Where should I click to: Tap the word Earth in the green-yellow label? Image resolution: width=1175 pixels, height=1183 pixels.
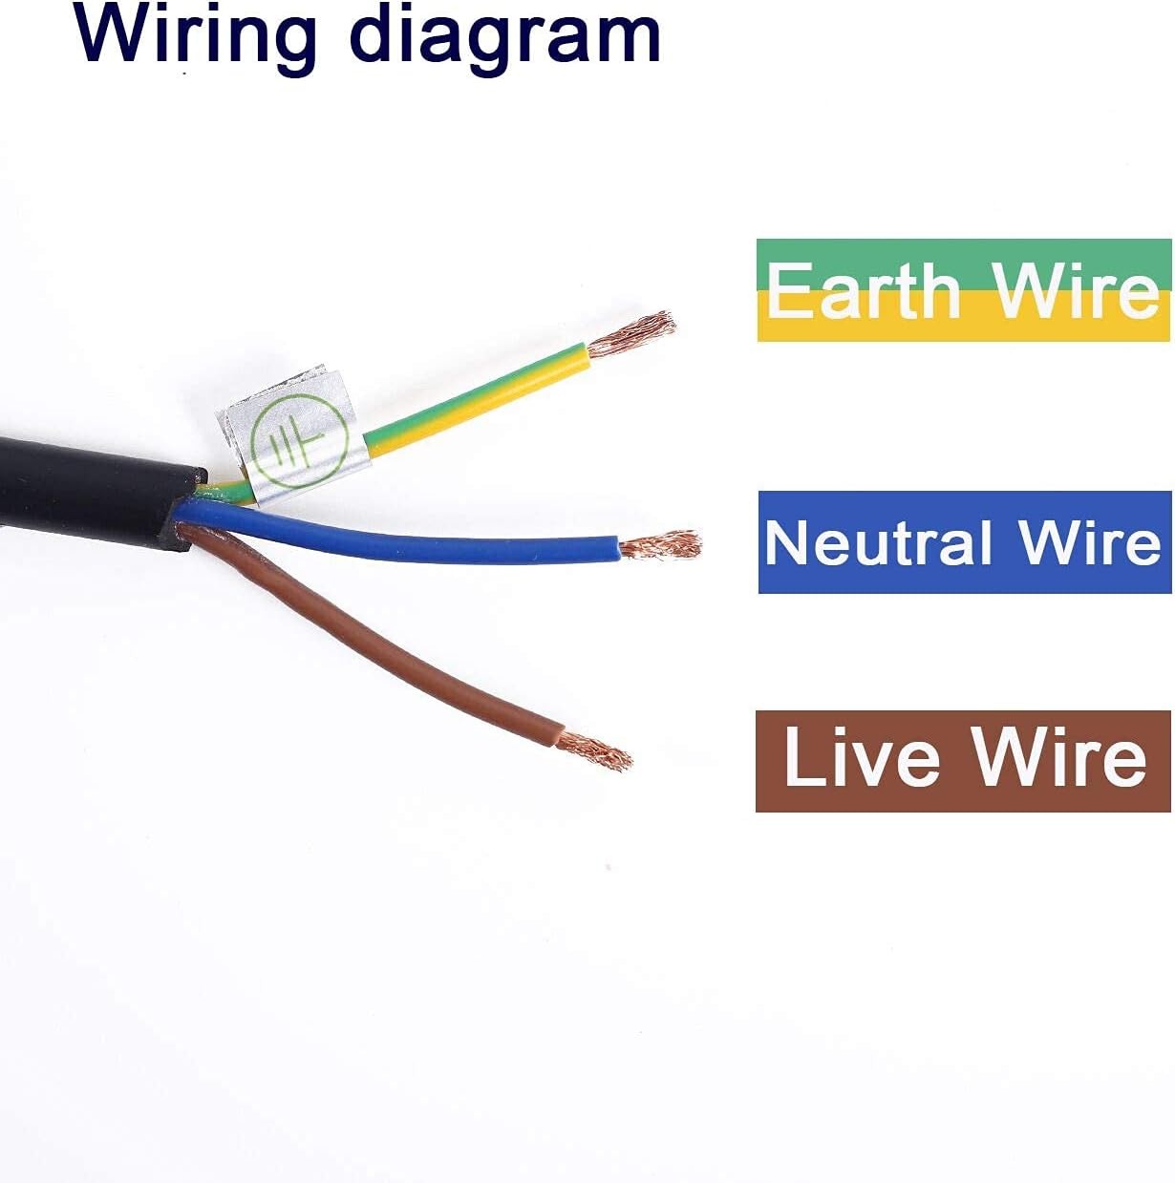tap(863, 289)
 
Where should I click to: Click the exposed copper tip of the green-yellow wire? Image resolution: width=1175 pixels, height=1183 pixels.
tap(630, 333)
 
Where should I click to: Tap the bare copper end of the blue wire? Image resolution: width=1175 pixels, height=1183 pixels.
tap(659, 544)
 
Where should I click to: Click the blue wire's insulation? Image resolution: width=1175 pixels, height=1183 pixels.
tap(399, 533)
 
